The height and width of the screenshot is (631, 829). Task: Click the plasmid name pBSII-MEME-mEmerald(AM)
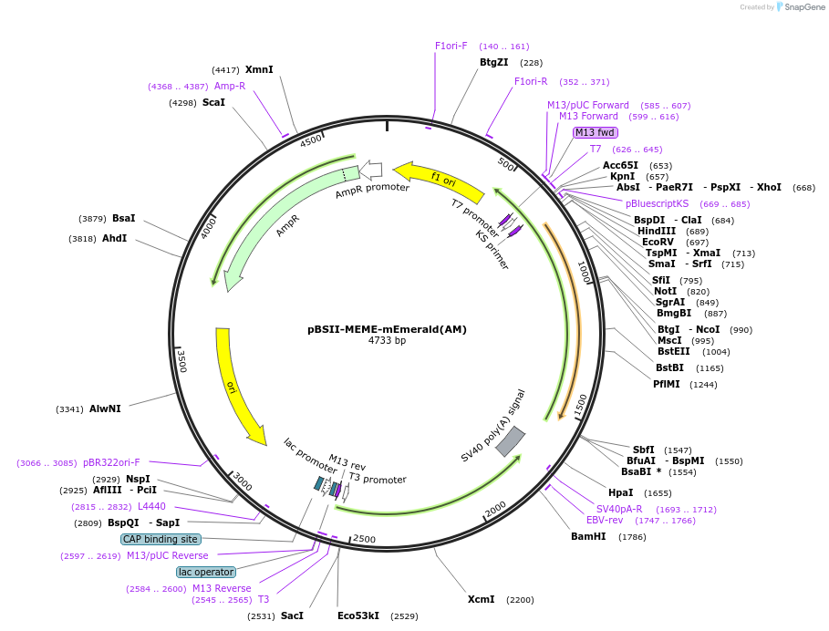pyautogui.click(x=387, y=329)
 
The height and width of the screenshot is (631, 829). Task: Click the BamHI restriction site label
pyautogui.click(x=588, y=536)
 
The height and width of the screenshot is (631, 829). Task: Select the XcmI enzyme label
pyautogui.click(x=481, y=599)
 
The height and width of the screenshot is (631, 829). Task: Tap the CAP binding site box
pyautogui.click(x=161, y=539)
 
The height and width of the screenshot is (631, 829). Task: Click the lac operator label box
pyautogui.click(x=205, y=572)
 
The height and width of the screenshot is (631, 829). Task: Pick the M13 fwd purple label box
pyautogui.click(x=595, y=132)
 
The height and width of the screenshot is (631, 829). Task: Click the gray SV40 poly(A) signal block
pyautogui.click(x=510, y=440)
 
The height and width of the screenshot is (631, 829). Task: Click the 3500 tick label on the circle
pyautogui.click(x=181, y=361)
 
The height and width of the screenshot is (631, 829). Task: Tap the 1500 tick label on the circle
pyautogui.click(x=581, y=406)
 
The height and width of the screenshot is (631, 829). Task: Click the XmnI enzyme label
pyautogui.click(x=259, y=69)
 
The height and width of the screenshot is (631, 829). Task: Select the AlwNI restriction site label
pyautogui.click(x=105, y=409)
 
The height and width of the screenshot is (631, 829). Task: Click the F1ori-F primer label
pyautogui.click(x=451, y=46)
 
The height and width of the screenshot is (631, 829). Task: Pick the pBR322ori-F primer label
pyautogui.click(x=111, y=462)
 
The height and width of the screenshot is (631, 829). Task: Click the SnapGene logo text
pyautogui.click(x=802, y=6)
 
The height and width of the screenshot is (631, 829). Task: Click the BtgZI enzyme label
pyautogui.click(x=493, y=62)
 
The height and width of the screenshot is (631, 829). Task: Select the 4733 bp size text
pyautogui.click(x=387, y=340)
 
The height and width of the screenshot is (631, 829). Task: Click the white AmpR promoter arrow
pyautogui.click(x=371, y=169)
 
